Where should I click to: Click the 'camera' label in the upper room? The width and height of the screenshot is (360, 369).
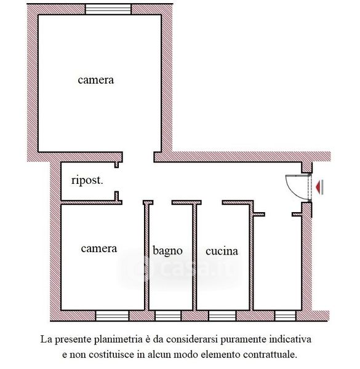click(96, 80)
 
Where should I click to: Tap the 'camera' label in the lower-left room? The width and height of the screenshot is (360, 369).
click(99, 248)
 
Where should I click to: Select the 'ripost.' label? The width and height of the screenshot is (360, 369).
click(87, 181)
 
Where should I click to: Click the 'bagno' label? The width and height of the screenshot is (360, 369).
click(167, 251)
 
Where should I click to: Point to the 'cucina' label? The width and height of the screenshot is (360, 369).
click(222, 252)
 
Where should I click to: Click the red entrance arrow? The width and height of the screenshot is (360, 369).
click(319, 187)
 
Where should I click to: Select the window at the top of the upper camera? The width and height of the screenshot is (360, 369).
click(108, 9)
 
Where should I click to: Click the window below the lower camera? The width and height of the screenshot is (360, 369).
click(112, 315)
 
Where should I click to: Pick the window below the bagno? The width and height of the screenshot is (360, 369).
click(168, 315)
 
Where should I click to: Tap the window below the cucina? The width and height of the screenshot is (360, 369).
click(222, 315)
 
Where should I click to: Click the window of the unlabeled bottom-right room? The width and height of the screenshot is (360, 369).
click(285, 315)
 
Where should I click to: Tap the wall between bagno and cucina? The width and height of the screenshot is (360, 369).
click(194, 257)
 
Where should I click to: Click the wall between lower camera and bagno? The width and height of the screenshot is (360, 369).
click(146, 257)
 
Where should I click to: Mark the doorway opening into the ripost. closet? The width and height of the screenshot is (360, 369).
click(116, 180)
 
